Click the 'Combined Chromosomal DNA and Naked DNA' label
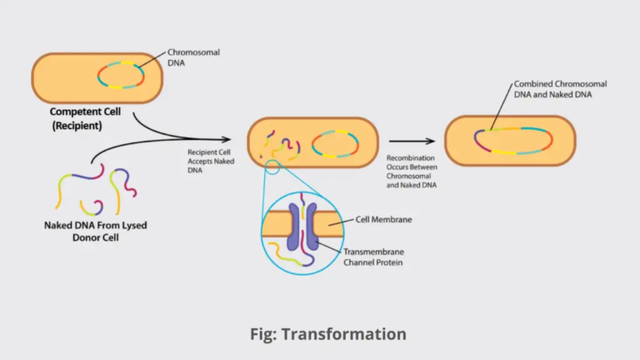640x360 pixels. coord(559,90)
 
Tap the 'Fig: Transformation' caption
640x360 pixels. coord(327,334)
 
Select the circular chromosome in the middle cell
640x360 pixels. coord(336,143)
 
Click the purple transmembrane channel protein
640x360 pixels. coord(302,225)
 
